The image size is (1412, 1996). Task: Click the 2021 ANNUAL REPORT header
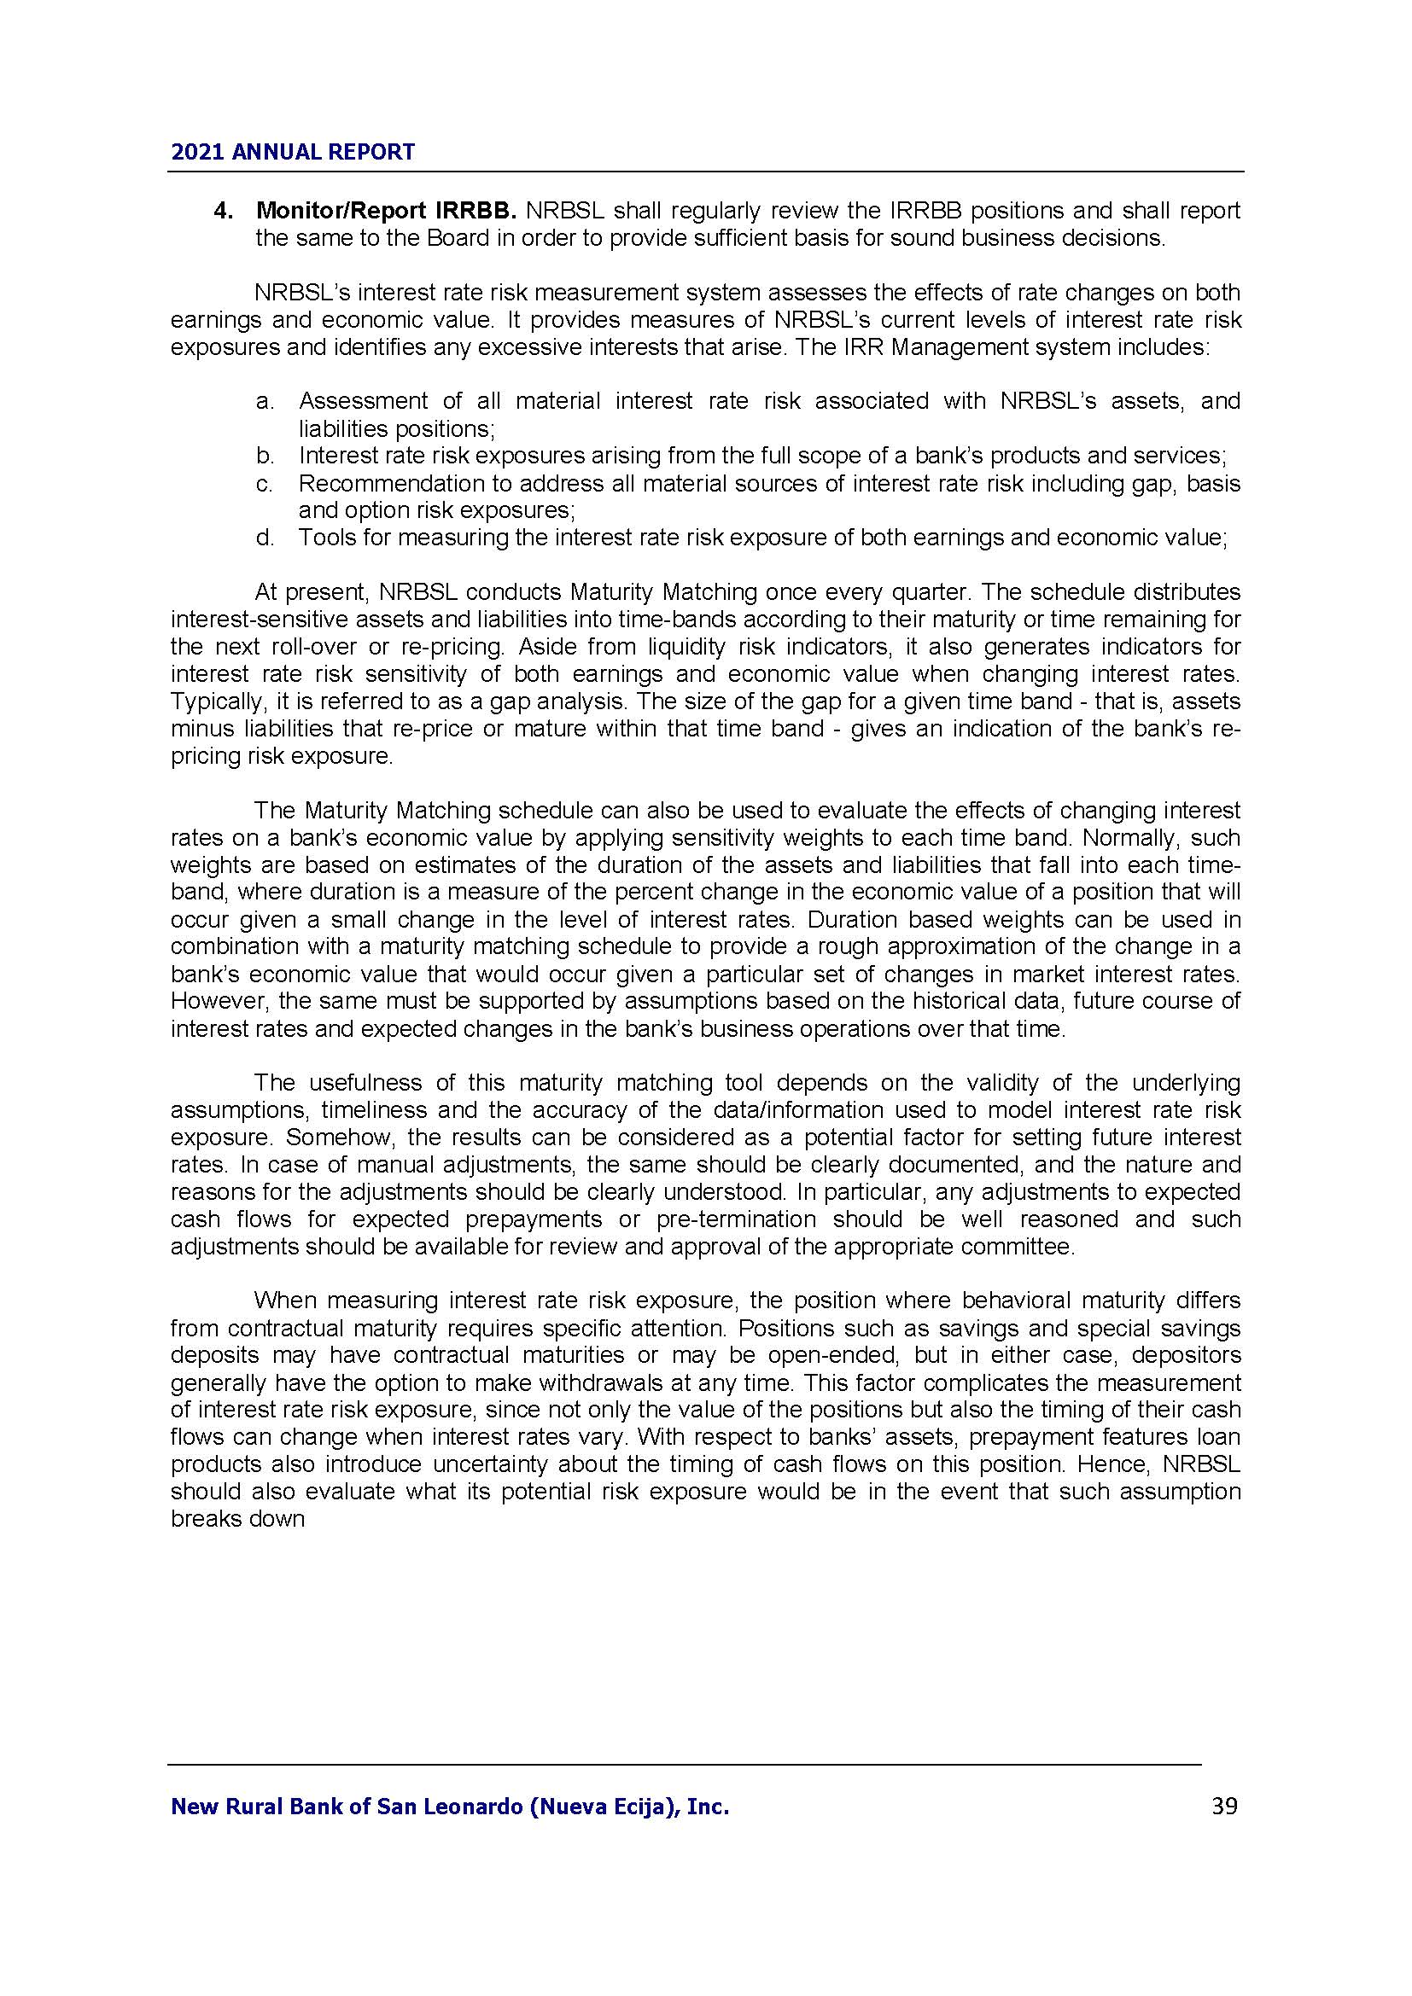[293, 152]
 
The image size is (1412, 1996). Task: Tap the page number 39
[1224, 1807]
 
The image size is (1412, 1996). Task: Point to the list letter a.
[265, 402]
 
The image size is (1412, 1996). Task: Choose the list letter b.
[265, 456]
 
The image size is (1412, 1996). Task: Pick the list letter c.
[265, 483]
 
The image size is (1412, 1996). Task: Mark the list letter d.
[265, 538]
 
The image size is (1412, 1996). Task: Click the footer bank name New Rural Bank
[450, 1807]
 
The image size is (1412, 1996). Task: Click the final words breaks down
[237, 1519]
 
